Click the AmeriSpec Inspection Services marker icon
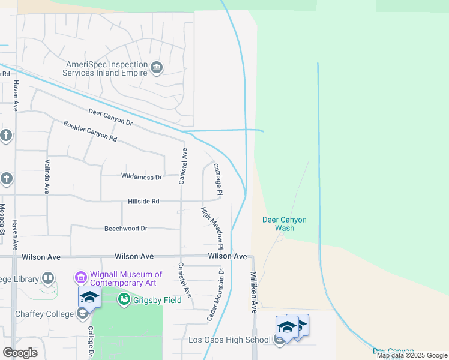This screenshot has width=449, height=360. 157,66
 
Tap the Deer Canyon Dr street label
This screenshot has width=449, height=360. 110,116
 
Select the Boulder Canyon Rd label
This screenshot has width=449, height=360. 90,131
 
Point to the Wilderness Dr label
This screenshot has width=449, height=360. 142,177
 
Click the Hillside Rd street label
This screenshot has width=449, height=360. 143,202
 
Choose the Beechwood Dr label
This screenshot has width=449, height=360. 126,229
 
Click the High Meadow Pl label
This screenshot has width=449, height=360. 212,228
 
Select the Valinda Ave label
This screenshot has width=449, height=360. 47,176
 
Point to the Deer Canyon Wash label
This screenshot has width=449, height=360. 285,224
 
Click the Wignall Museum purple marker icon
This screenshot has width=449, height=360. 80,278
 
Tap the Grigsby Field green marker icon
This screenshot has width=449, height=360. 124,298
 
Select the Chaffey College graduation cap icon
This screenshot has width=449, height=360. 89,296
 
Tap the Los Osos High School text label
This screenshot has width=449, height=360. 229,340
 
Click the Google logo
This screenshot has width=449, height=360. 20,353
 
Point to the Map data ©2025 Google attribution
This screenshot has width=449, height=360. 412,355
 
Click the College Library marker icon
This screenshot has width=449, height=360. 47,278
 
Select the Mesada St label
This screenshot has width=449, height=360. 2,218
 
